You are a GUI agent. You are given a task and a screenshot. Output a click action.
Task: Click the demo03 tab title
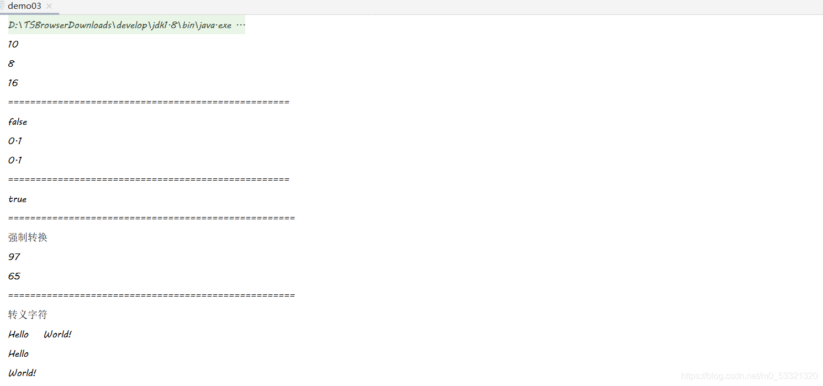click(x=24, y=6)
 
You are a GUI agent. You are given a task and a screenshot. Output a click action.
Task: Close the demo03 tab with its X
click(x=49, y=6)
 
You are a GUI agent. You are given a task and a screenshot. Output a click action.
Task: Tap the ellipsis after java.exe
click(x=241, y=25)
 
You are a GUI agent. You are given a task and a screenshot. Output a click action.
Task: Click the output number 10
click(x=13, y=44)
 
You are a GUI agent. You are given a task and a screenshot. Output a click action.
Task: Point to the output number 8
click(x=12, y=64)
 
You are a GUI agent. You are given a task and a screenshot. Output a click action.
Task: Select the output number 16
click(x=13, y=83)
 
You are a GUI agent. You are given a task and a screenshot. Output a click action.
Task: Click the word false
click(x=18, y=121)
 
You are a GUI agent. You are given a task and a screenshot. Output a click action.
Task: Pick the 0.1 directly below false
click(x=15, y=141)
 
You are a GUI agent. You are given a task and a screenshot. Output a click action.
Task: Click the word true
click(x=18, y=199)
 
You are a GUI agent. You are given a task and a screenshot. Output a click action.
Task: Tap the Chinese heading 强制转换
click(x=28, y=237)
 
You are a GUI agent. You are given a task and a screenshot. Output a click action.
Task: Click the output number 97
click(x=14, y=257)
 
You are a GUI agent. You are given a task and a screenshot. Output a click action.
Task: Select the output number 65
click(x=14, y=276)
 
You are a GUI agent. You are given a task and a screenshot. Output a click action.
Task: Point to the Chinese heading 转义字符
click(x=28, y=315)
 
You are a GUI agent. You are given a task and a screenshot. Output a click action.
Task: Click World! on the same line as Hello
click(x=57, y=334)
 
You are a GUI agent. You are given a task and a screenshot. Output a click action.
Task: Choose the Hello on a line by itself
click(x=18, y=353)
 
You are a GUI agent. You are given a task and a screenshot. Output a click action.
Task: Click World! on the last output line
click(x=22, y=373)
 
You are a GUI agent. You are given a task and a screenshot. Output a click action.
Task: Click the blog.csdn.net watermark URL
click(x=750, y=376)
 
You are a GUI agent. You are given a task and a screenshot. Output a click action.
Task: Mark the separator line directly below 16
click(x=149, y=102)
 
